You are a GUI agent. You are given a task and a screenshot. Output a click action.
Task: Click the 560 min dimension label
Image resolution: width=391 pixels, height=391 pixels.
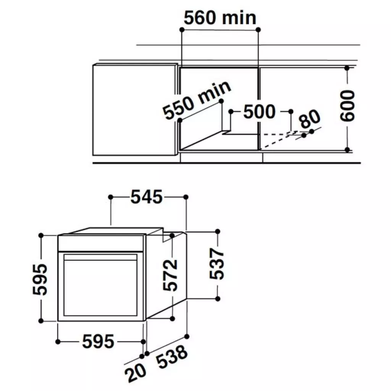pos(220,18)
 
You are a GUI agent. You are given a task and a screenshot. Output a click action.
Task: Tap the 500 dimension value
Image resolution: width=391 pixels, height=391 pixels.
pos(259,111)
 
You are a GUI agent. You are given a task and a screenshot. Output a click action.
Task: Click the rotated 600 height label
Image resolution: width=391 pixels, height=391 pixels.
pos(347,106)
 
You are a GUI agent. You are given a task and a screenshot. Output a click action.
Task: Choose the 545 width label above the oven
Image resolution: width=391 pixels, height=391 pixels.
pos(147,197)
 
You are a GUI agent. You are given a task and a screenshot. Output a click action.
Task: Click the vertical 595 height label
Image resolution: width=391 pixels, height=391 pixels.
pos(40,279)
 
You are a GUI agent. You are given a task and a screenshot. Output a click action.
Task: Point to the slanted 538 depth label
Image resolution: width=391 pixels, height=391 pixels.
pos(172,359)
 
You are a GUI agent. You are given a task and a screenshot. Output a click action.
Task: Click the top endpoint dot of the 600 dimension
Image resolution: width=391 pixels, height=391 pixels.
pos(347,68)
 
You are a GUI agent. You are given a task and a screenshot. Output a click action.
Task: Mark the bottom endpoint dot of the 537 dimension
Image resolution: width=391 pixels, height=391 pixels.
pos(218,298)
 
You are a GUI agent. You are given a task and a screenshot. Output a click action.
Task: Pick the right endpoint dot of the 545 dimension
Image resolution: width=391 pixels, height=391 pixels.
pos(186,197)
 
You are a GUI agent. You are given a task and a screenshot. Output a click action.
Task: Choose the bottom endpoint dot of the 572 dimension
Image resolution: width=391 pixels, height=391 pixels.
pos(173,318)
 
